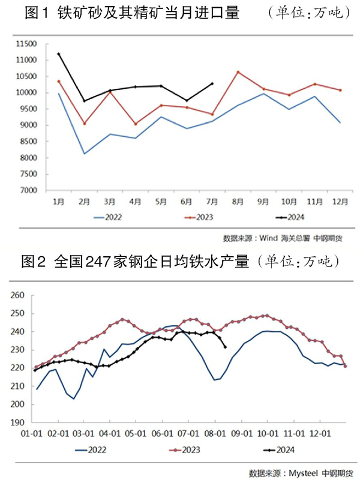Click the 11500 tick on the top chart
pos(28,44)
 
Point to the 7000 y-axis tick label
pos(29,191)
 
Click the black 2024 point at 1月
pos(58,54)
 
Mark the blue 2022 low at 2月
pos(84,154)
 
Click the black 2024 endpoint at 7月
pos(212,83)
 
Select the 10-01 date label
pos(266,433)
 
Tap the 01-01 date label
pos(31,433)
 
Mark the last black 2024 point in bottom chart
pos(225,347)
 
